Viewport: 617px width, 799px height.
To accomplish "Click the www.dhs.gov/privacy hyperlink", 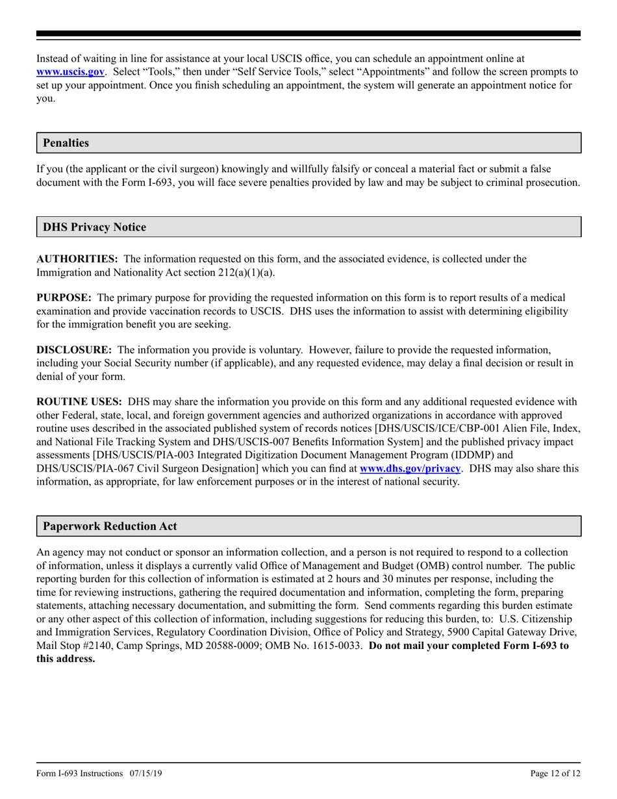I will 410,468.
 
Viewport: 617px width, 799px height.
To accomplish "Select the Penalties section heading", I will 66,143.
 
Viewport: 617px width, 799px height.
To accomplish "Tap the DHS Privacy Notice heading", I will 94,227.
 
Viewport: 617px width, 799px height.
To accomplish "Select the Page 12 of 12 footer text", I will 555,774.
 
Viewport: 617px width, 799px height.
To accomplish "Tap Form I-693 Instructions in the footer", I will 79,774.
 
